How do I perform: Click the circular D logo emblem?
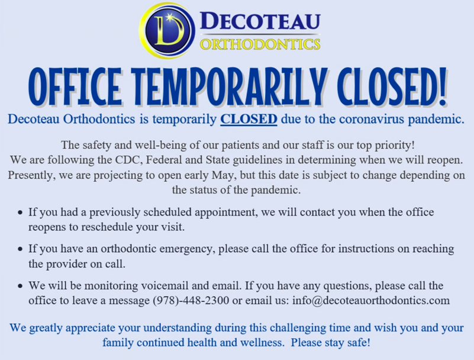[x=166, y=30]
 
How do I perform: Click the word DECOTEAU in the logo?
[x=260, y=21]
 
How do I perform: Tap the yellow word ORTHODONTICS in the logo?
[x=260, y=44]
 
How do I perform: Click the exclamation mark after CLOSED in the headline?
[x=442, y=86]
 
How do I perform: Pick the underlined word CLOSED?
[x=249, y=119]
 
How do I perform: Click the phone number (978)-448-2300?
[x=191, y=300]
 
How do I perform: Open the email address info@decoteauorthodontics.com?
[x=371, y=300]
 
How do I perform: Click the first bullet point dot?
[x=20, y=213]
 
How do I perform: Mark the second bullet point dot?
[x=20, y=249]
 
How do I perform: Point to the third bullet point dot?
[x=20, y=286]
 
